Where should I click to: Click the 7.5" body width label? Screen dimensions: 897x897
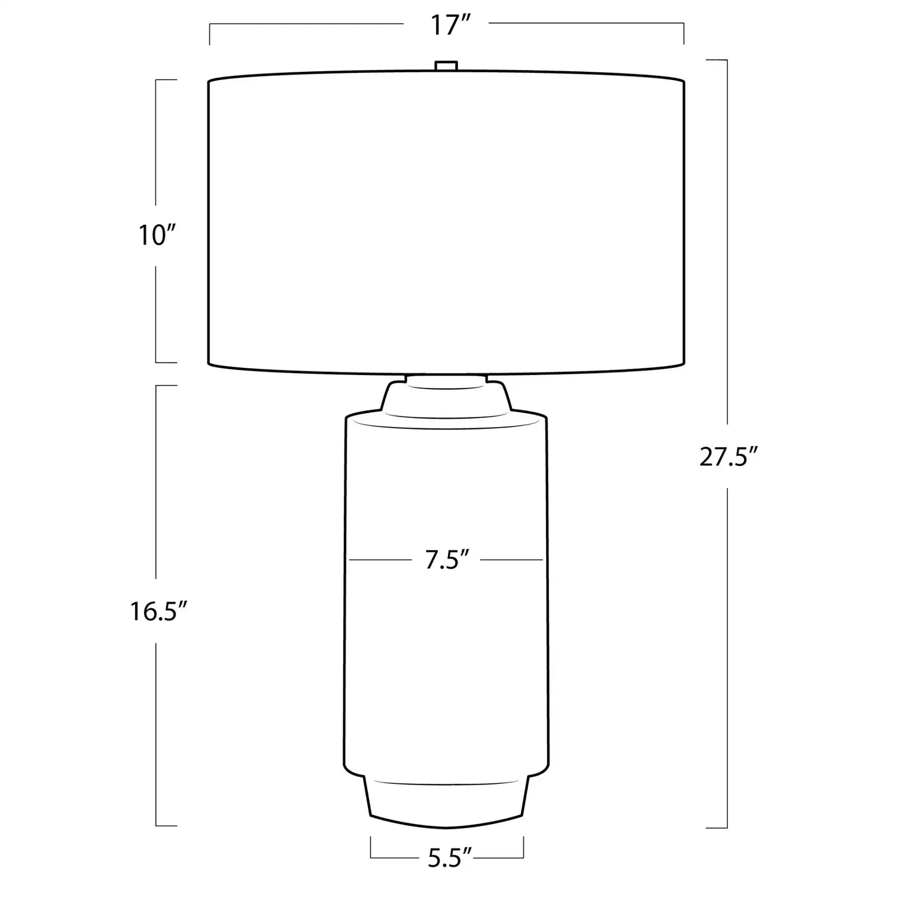(446, 561)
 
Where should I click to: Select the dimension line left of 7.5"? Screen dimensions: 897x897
(380, 560)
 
